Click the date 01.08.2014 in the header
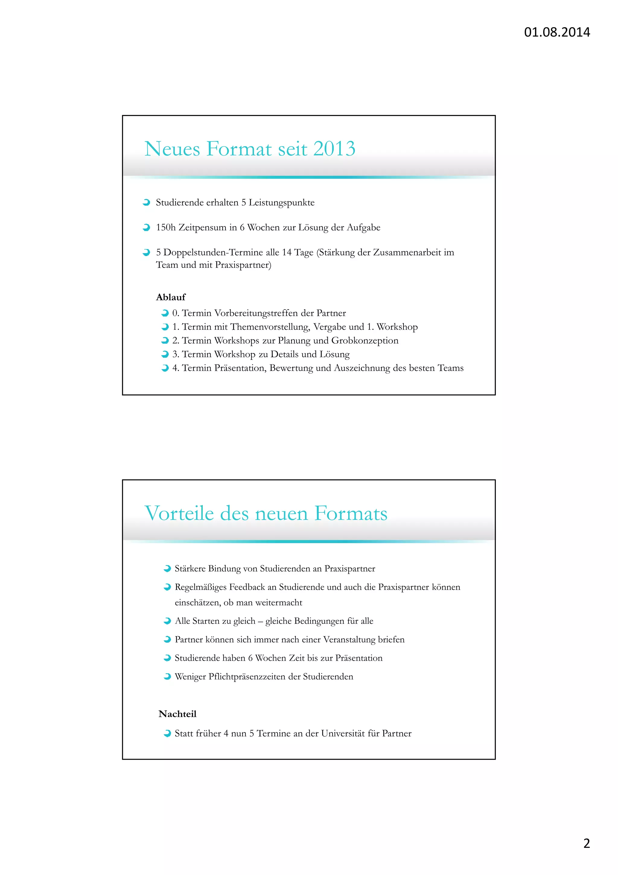557,32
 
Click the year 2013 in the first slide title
334,149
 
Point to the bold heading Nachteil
177,714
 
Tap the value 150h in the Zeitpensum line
166,228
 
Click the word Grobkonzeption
365,341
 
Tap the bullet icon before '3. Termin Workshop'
165,354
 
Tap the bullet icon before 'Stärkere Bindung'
167,569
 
